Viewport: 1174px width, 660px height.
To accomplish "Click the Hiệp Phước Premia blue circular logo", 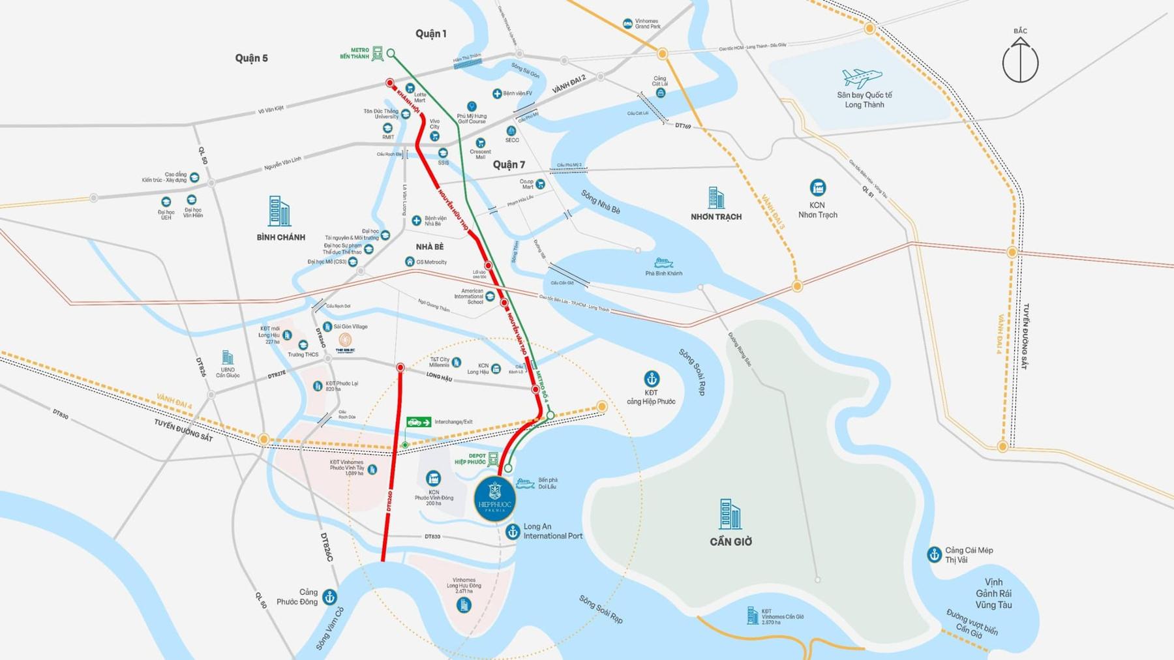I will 495,500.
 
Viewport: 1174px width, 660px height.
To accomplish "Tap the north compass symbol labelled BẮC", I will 1020,60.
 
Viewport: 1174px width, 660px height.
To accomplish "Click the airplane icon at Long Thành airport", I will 862,78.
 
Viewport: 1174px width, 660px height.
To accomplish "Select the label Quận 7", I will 509,164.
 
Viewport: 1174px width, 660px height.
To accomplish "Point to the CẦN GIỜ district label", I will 730,541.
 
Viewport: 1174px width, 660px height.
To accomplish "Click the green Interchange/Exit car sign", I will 419,422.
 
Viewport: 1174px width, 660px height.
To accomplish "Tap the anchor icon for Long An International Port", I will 513,532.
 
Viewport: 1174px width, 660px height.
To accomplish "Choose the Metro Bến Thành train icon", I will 378,53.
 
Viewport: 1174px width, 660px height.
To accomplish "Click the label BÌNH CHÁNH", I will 280,237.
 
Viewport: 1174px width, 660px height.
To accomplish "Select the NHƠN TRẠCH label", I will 715,217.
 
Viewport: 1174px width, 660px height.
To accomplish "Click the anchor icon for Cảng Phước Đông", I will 330,597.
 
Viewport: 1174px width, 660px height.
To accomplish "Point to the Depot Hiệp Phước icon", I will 493,458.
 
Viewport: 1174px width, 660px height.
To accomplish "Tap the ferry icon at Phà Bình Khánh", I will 663,263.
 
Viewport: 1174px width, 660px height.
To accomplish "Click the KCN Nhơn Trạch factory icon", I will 817,188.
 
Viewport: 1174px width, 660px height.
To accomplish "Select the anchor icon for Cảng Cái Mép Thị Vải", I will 934,554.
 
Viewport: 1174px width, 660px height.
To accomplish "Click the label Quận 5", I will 251,58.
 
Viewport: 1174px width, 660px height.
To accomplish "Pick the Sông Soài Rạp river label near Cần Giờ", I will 692,372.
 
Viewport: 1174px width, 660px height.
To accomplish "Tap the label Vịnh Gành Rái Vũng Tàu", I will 993,593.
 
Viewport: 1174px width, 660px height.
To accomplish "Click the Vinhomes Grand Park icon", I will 627,23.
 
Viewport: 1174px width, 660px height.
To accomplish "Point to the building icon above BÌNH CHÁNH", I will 279,211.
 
